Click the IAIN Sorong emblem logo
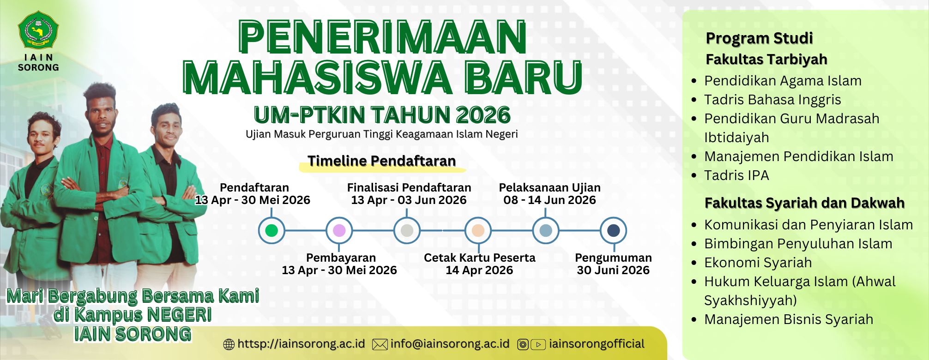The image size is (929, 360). (x=38, y=30)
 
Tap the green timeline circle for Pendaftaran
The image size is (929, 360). (x=271, y=230)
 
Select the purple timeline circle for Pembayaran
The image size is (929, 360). (x=339, y=230)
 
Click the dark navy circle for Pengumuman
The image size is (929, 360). (x=613, y=230)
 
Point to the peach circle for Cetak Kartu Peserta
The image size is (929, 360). (x=478, y=230)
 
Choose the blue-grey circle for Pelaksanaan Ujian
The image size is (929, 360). (x=546, y=230)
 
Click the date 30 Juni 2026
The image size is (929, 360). (x=613, y=270)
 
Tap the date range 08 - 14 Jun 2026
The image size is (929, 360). (x=549, y=200)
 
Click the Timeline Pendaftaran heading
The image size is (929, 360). (x=382, y=161)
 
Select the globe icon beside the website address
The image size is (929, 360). (x=229, y=344)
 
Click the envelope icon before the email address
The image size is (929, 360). (x=380, y=344)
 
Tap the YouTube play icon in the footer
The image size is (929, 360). (x=538, y=344)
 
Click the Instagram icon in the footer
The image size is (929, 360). (x=523, y=344)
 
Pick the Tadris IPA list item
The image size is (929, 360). (x=736, y=175)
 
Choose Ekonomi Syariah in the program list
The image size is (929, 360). (x=758, y=263)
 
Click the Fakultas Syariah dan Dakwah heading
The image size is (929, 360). (x=804, y=203)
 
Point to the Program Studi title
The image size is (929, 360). (x=759, y=38)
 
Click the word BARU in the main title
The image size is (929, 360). (x=524, y=77)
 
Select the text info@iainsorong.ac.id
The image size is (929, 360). (x=450, y=344)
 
